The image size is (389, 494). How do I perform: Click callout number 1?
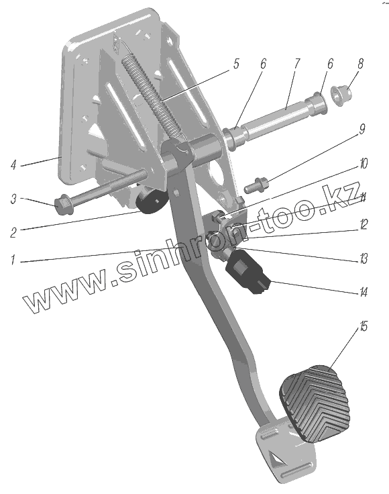(13, 260)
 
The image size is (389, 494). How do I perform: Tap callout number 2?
(13, 233)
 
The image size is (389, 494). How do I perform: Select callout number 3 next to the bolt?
(13, 199)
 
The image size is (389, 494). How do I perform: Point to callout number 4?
(13, 164)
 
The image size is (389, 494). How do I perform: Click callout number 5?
(236, 63)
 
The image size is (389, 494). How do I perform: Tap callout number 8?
(360, 63)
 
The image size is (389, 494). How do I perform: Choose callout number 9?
(362, 129)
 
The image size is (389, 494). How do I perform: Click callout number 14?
(364, 293)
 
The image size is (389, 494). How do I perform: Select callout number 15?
(364, 326)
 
